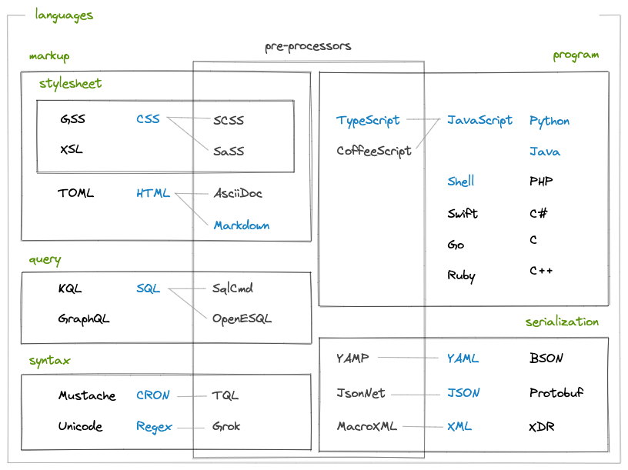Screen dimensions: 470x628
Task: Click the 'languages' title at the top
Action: [x=64, y=15]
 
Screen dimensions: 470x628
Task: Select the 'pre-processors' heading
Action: [x=308, y=46]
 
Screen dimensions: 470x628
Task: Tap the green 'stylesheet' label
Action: [x=70, y=83]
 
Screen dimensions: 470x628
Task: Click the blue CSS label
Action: [x=149, y=119]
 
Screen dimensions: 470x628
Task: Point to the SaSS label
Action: [x=229, y=151]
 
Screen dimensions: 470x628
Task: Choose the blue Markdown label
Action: [x=242, y=225]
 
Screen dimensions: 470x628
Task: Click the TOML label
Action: [x=75, y=193]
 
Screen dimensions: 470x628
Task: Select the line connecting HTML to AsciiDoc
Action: [x=192, y=194]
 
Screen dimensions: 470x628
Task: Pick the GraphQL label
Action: [x=84, y=318]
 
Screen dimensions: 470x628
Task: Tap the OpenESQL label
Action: [x=242, y=318]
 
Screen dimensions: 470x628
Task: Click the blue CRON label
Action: [x=152, y=395]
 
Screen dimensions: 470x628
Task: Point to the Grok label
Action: [x=226, y=426]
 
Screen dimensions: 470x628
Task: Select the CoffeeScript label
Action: [x=374, y=151]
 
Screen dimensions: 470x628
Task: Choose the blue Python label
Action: [x=549, y=121]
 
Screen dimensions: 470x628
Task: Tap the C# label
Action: [x=539, y=213]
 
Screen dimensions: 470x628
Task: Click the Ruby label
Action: [x=461, y=275]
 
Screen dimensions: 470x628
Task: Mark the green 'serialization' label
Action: [x=562, y=322]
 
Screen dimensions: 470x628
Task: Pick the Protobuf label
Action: [x=556, y=393]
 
